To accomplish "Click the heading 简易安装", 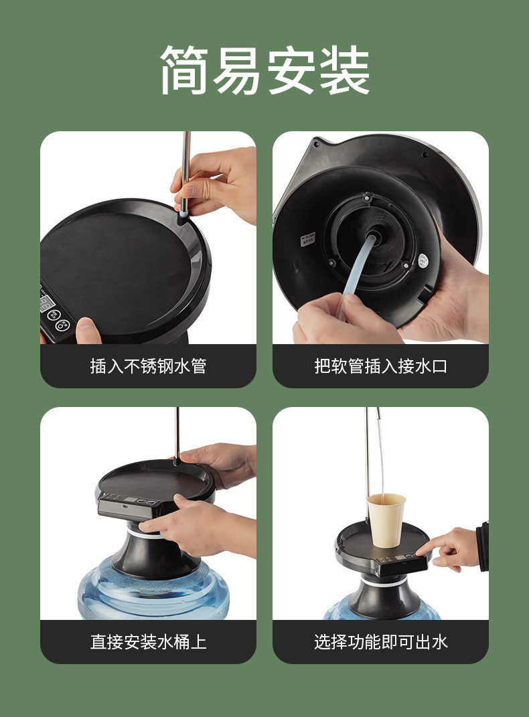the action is point(264,70).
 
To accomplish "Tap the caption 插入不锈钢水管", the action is point(148,366).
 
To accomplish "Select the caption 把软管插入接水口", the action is point(380,366).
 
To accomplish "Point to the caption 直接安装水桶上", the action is point(148,641).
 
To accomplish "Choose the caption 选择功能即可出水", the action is point(380,641).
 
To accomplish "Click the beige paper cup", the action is point(386,520).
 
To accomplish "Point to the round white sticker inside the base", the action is point(424,260).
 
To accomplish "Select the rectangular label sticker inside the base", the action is point(307,240).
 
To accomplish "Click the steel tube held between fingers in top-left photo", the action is point(185,174).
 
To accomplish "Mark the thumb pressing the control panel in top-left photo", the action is point(88,330).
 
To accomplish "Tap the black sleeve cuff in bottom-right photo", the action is point(482,546).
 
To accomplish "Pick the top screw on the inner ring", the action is point(366,197).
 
